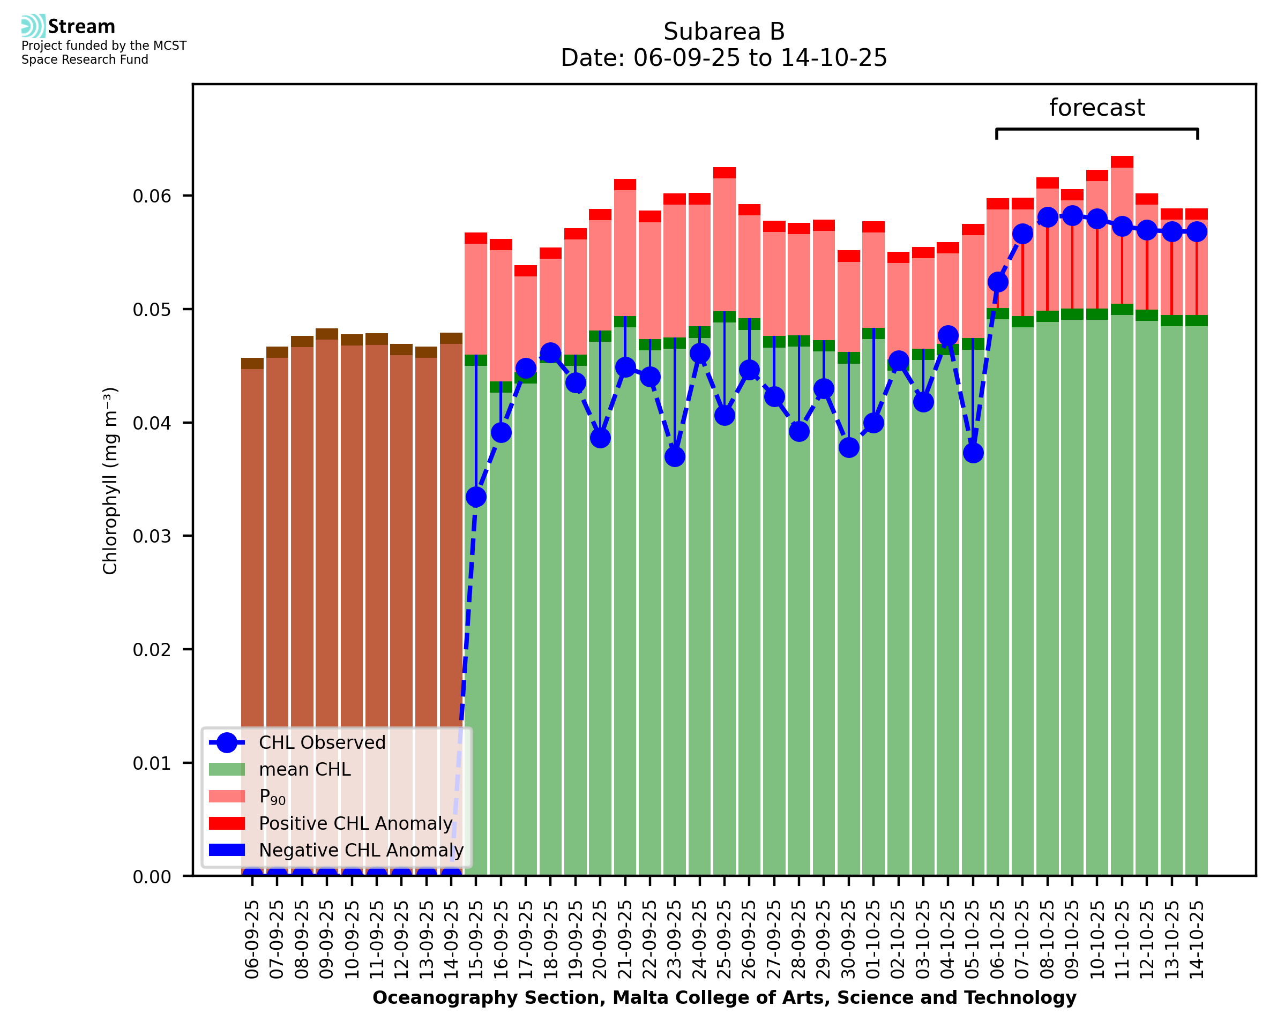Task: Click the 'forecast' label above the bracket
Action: [1096, 108]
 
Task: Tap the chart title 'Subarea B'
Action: [723, 32]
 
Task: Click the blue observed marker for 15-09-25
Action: [476, 497]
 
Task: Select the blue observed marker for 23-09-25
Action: [675, 456]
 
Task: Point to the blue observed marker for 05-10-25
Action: [973, 453]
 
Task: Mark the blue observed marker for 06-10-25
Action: [998, 282]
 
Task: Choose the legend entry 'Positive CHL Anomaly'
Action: [355, 823]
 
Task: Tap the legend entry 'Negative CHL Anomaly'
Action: [361, 850]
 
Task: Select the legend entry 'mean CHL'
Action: [305, 769]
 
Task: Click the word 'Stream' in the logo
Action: [81, 27]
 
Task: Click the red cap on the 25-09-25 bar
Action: [724, 172]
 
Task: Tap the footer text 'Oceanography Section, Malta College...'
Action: [724, 997]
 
